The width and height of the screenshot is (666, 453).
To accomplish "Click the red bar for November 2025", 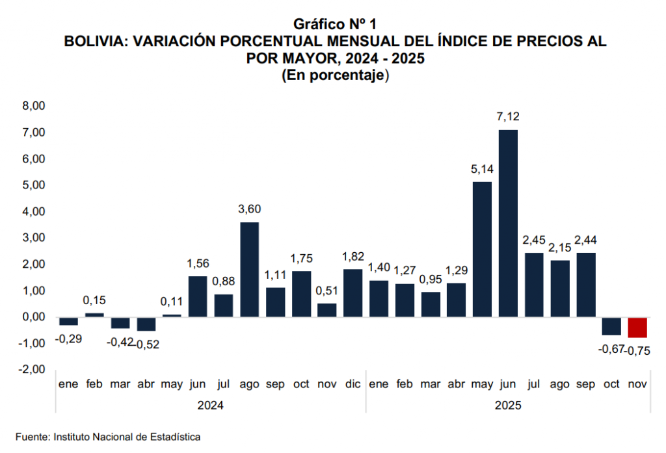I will [637, 328].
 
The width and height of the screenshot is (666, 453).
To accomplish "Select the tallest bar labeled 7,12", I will [508, 223].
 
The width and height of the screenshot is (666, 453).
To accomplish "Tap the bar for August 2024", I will [250, 269].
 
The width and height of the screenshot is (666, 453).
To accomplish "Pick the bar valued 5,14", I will [482, 249].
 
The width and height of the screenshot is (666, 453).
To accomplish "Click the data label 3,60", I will [250, 209].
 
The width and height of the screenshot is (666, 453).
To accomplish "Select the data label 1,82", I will [353, 256].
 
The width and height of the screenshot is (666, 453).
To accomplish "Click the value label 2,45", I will [534, 240].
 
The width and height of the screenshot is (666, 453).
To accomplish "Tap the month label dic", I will [353, 385].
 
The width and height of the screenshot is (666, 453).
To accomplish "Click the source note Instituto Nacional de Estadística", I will [127, 437].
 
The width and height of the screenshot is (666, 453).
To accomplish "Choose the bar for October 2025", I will [611, 326].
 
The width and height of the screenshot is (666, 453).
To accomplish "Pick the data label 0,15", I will [95, 300].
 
